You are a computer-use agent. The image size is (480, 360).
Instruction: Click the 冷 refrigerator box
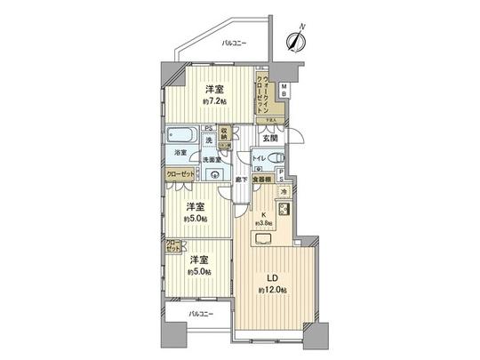point(284,192)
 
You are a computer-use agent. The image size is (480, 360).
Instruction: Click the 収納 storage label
point(225,137)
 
